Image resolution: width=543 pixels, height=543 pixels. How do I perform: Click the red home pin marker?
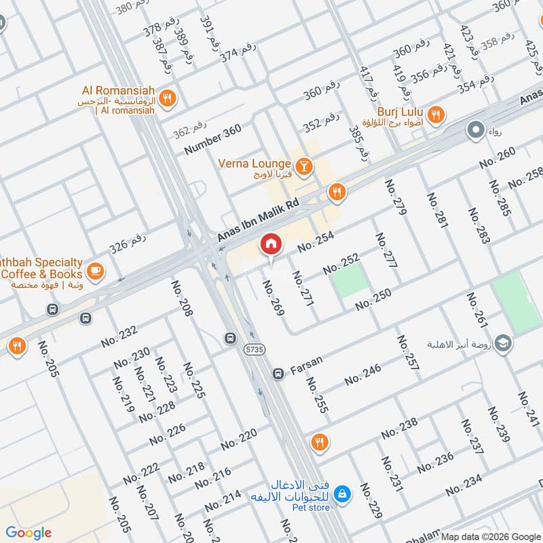pos(270,245)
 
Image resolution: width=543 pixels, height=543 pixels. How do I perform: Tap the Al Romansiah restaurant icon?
pos(169,96)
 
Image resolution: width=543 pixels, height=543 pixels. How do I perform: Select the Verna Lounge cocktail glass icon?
pos(304,164)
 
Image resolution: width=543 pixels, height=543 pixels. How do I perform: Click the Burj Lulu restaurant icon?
pos(437,115)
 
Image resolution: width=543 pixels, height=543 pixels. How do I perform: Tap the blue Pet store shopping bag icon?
pos(343,492)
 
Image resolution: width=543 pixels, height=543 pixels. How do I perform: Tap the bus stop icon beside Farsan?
pos(278,373)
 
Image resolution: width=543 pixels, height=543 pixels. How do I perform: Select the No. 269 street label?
pos(274,297)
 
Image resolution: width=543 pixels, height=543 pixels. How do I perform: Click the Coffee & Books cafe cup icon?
pos(96,269)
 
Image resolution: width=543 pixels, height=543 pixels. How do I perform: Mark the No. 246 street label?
pos(362,374)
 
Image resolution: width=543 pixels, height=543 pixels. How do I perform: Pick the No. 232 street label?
pos(119,336)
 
